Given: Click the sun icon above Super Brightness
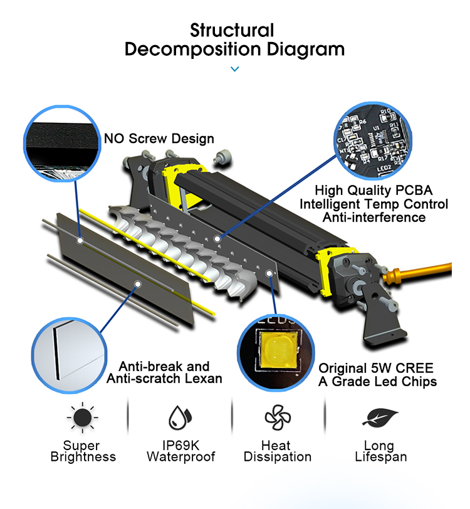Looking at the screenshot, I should (x=83, y=417).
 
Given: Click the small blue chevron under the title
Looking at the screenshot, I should (x=235, y=69).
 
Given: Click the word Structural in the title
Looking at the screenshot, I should (x=232, y=30).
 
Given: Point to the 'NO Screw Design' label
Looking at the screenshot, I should (x=159, y=139).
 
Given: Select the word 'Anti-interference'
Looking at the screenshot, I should (x=373, y=218).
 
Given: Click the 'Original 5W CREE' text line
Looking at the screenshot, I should (x=376, y=368).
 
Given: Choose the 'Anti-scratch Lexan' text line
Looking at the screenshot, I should (x=164, y=379).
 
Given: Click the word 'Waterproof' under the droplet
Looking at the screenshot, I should (x=180, y=457).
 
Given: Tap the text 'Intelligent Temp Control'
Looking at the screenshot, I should (x=373, y=204).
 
